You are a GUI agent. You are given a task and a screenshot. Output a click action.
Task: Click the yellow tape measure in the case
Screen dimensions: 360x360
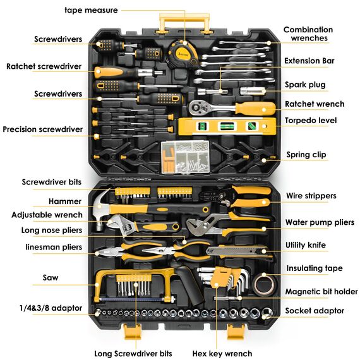point(182,54)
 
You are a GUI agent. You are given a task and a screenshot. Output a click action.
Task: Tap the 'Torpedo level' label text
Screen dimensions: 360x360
point(311,120)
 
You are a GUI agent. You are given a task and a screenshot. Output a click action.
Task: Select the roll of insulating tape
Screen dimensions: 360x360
point(264,284)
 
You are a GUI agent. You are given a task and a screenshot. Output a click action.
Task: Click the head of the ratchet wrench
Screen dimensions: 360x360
point(197,107)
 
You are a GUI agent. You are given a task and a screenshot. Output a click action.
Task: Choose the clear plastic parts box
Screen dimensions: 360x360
point(185,157)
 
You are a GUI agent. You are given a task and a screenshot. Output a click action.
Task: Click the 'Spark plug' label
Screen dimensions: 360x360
point(305,85)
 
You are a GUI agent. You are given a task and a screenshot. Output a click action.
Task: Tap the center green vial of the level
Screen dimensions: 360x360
point(227,126)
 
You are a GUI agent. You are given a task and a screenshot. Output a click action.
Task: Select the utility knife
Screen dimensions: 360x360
point(237,251)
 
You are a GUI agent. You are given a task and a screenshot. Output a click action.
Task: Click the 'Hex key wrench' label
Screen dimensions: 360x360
point(222,353)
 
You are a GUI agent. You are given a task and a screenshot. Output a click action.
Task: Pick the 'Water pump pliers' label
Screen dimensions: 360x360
point(320,222)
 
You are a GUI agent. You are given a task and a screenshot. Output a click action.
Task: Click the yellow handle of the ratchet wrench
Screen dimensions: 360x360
point(255,109)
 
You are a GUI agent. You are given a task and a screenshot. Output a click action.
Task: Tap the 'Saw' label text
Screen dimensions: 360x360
point(51,277)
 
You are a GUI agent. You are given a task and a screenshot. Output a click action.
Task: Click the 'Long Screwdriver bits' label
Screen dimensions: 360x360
point(133,353)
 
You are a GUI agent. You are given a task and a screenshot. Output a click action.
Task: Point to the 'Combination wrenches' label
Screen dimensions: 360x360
point(309,33)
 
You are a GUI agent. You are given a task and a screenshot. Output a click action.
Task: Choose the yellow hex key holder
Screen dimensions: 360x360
point(218,277)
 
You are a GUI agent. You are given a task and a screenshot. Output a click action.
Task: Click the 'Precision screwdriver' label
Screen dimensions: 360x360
point(43,129)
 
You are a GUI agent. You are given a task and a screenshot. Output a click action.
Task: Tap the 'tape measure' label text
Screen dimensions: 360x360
point(91,10)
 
